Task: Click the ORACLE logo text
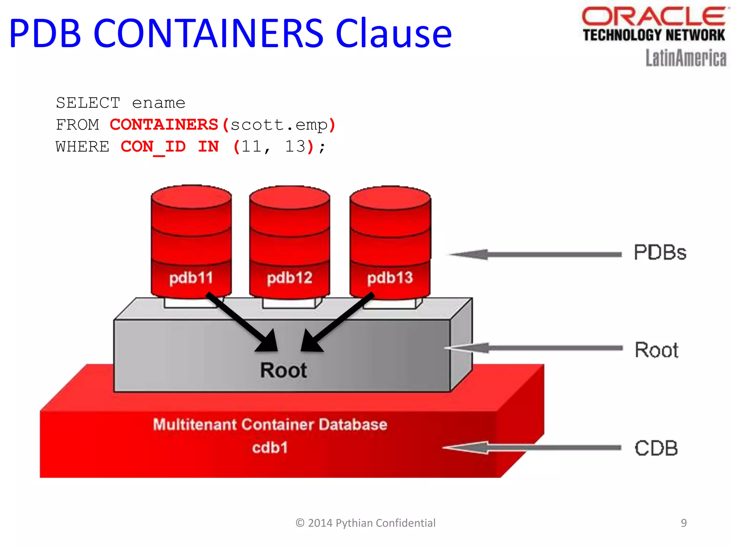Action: pos(653,16)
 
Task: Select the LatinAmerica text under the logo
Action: pos(686,58)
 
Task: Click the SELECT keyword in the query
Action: pos(88,103)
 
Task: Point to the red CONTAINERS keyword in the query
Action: pos(164,125)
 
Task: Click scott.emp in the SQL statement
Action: pos(279,125)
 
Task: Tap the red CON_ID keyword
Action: pos(153,147)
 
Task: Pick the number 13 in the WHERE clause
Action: pos(295,147)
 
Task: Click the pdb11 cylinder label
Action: pos(191,278)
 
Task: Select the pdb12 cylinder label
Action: pos(289,278)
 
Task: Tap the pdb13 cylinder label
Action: pos(390,278)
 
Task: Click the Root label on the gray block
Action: pos(283,370)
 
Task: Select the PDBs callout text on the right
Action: pos(660,253)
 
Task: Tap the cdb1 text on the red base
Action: pos(270,447)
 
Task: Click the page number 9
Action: pos(684,523)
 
